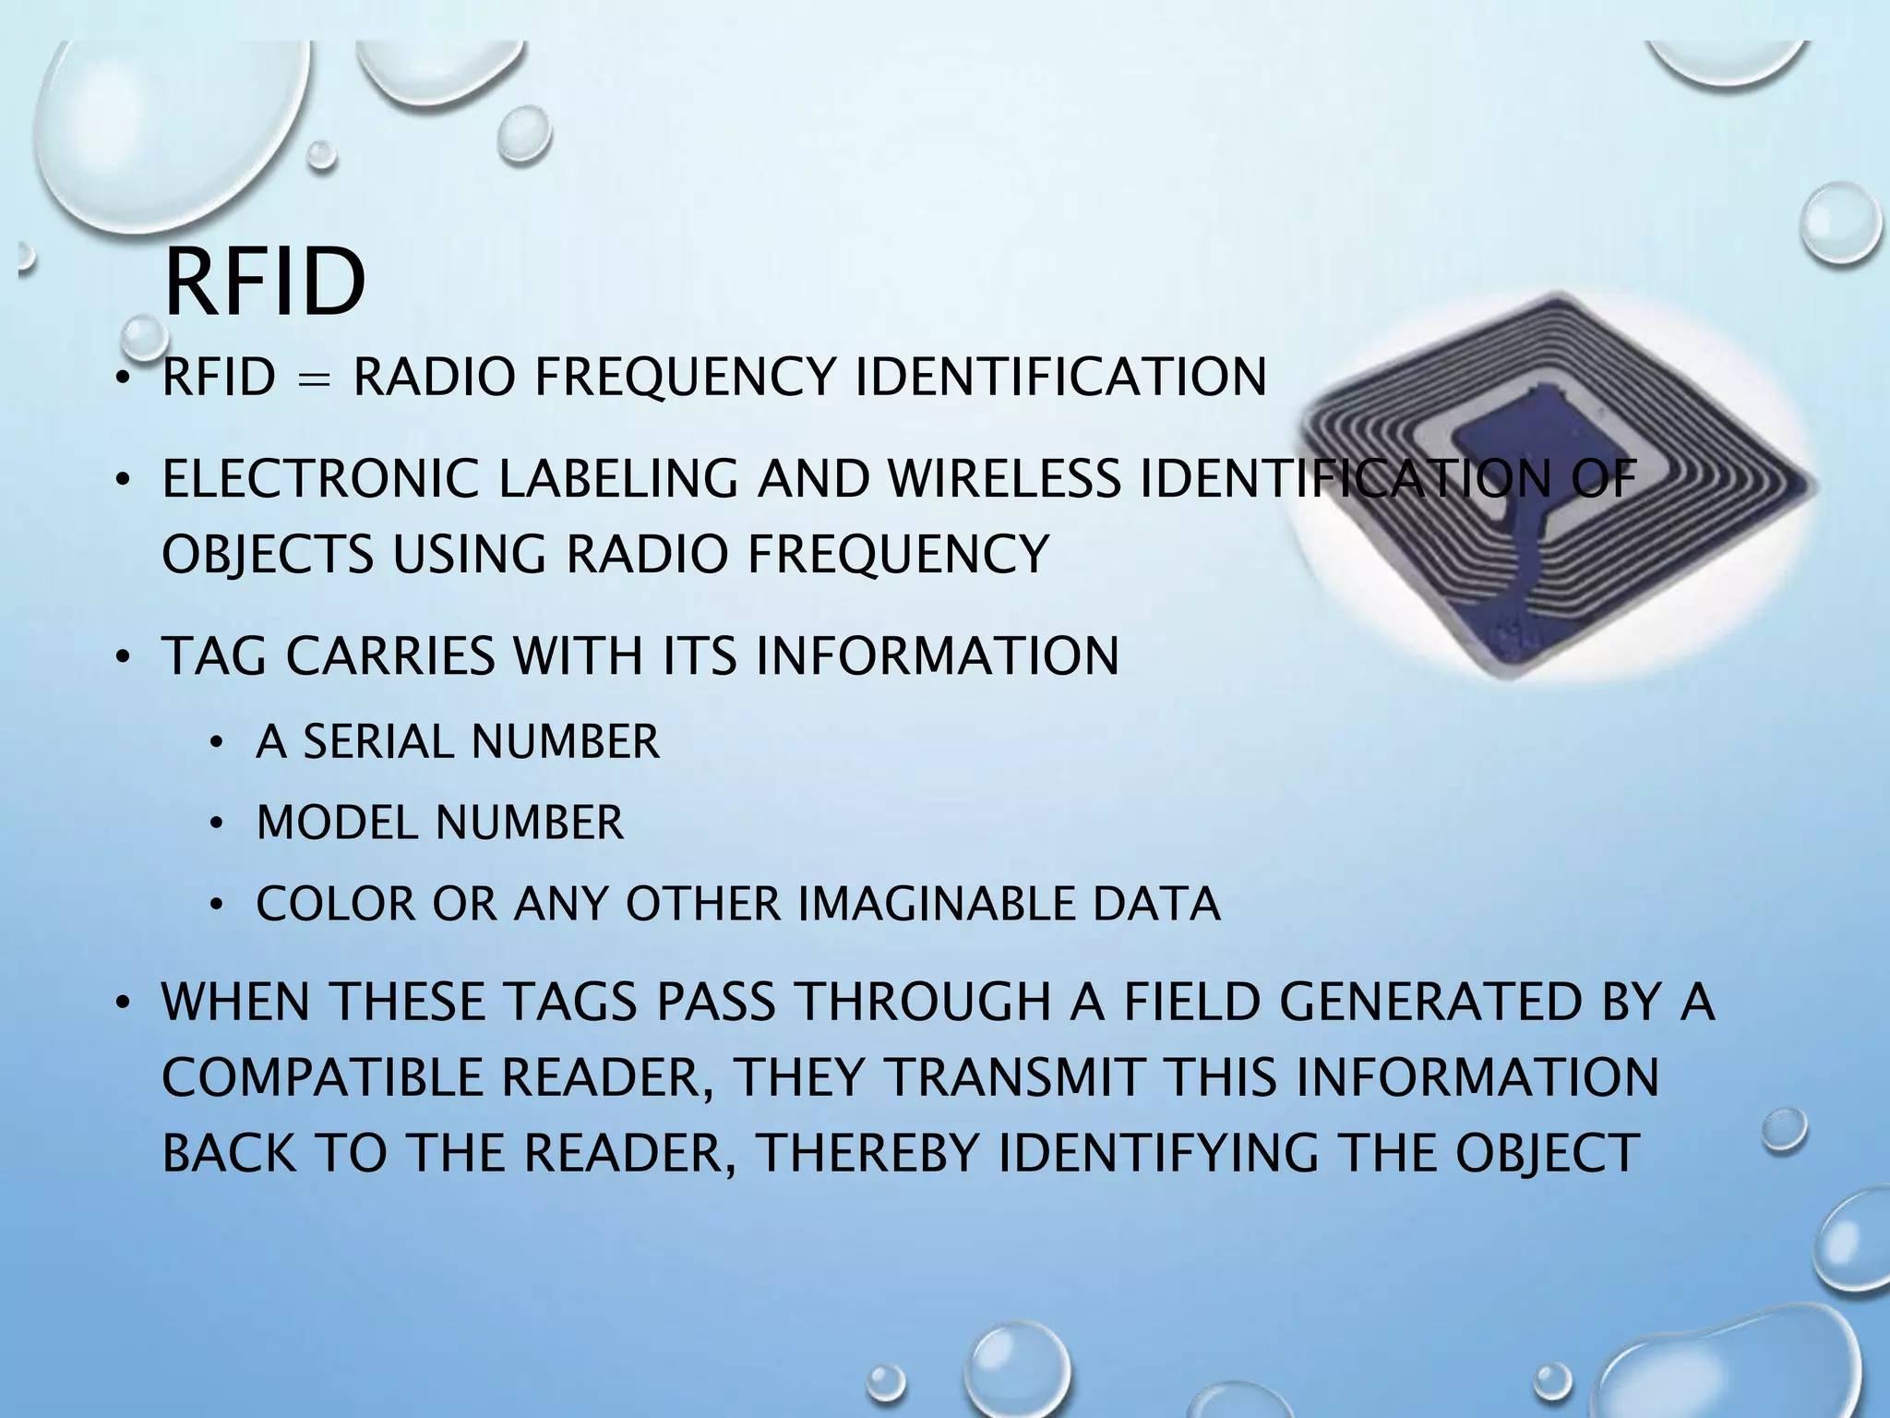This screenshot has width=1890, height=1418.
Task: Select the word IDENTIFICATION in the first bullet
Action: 1061,377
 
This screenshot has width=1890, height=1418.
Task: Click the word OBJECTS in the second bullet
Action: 268,554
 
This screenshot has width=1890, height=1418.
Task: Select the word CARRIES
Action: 390,655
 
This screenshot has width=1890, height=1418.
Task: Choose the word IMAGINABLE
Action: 936,904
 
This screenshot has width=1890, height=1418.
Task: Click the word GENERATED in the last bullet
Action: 1431,1003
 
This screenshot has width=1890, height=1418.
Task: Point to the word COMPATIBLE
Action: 323,1077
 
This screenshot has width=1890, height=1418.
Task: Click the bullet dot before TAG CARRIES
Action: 120,657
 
